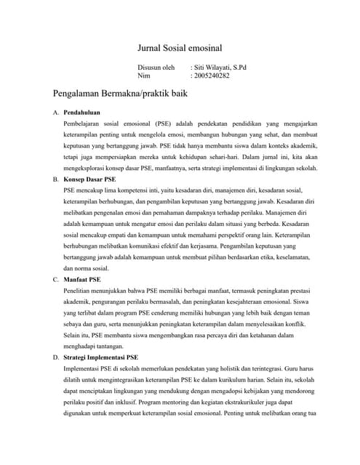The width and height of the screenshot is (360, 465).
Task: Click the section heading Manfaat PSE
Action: tap(82, 278)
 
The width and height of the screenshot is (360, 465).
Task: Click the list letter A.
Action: tap(56, 113)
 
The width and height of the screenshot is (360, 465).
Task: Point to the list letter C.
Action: tap(56, 278)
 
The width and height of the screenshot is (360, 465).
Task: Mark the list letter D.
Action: tap(56, 357)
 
